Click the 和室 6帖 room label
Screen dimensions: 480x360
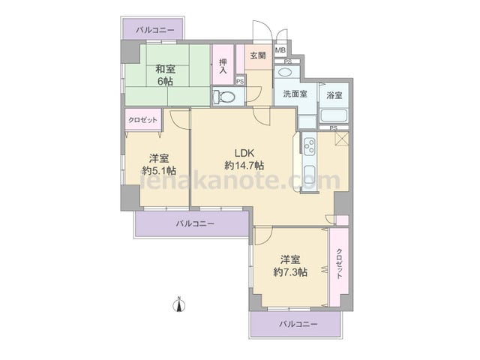(165, 75)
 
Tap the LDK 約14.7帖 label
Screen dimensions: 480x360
(244, 159)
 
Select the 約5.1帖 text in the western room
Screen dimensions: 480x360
(159, 170)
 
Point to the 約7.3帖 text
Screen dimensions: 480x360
(290, 271)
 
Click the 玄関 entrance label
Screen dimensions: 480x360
(258, 55)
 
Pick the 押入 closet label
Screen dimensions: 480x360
(223, 67)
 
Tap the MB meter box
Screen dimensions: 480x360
(280, 50)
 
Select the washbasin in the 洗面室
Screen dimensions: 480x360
(286, 73)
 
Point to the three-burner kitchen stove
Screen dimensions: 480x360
(308, 146)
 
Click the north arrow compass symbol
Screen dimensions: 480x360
(179, 304)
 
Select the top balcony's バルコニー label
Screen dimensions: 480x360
(155, 30)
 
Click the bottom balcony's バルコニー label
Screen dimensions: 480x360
(298, 324)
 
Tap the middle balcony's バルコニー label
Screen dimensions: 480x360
(195, 223)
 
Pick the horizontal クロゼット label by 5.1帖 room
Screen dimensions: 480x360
(142, 120)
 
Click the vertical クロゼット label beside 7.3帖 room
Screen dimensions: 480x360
(339, 264)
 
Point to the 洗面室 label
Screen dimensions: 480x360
(295, 94)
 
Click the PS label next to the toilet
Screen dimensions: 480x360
(240, 82)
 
